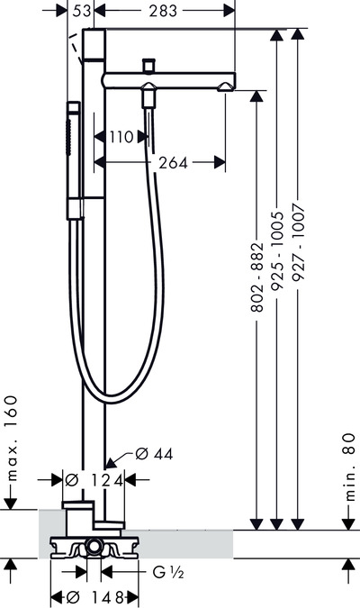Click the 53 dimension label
pos(81,11)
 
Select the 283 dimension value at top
pos(163,11)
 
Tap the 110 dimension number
pos(121,137)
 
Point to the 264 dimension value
pos(173,163)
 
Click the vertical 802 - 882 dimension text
pos(257,277)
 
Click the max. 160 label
pos(11,438)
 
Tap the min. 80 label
pos(349,467)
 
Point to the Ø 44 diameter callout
pos(154,454)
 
